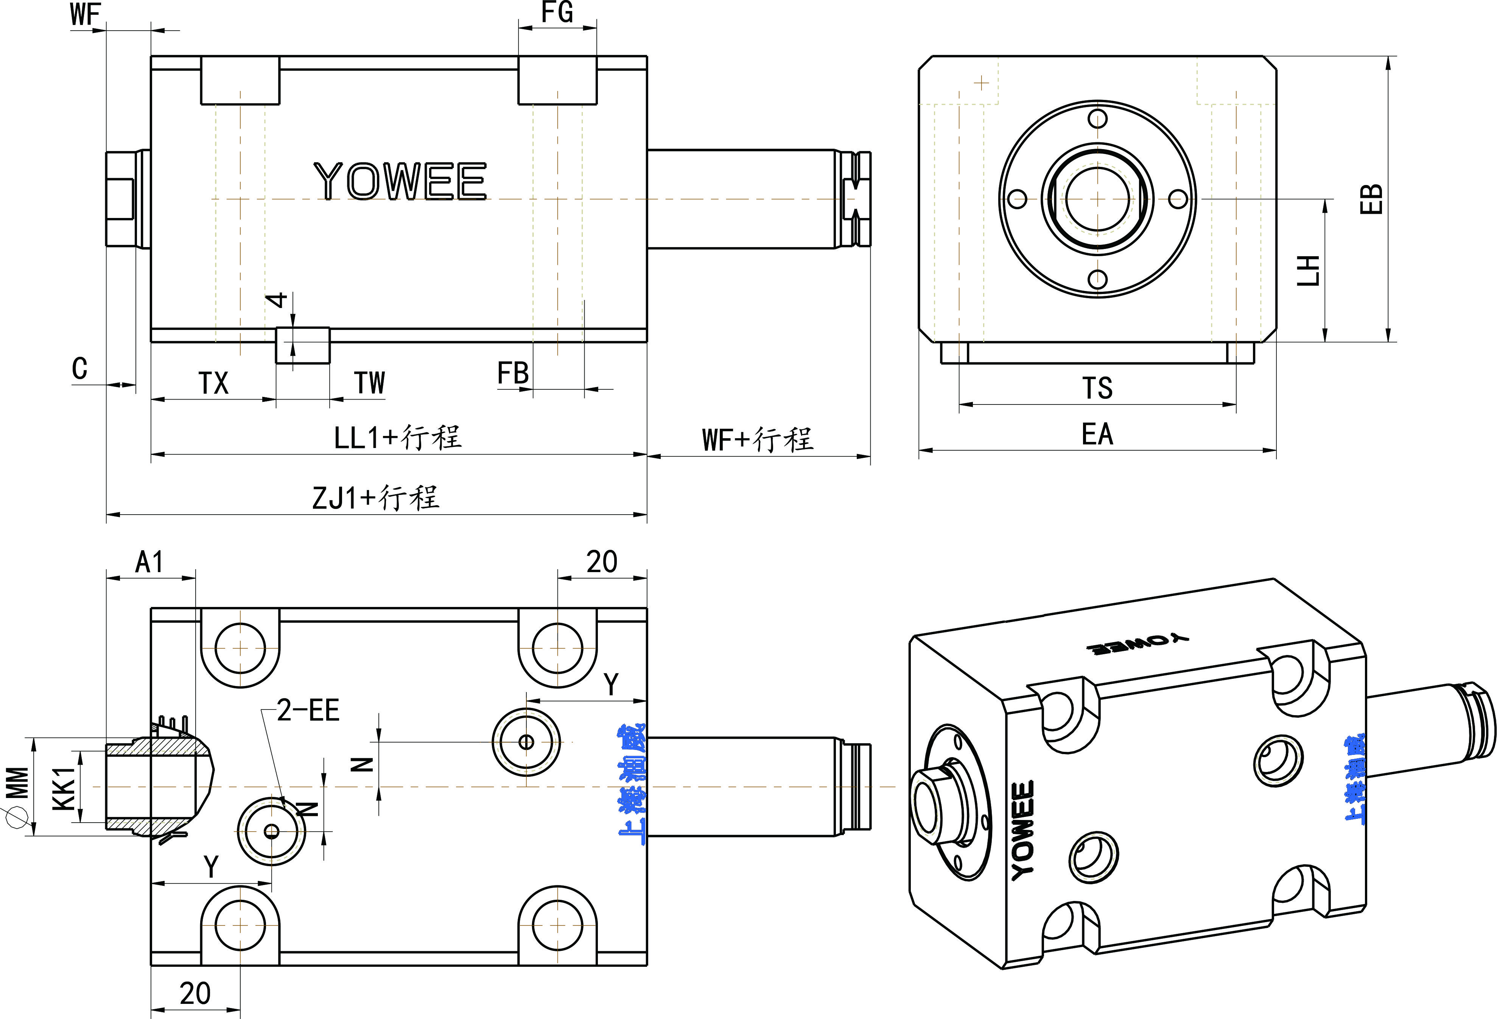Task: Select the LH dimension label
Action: coord(1308,271)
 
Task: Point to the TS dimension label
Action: coord(1097,388)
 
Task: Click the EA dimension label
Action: coord(1097,434)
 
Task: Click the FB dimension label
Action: coord(513,373)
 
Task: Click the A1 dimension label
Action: coord(149,562)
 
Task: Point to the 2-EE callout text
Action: coord(308,711)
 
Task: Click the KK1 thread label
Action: coord(64,787)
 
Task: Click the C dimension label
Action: coord(79,369)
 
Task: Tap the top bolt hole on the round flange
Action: coord(1097,119)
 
